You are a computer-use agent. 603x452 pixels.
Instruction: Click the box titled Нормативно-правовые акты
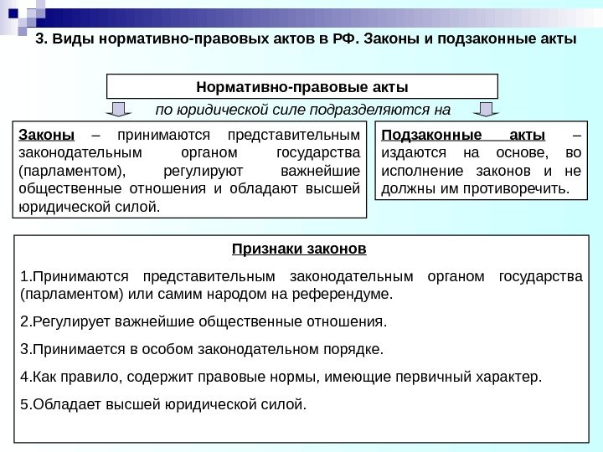coord(301,85)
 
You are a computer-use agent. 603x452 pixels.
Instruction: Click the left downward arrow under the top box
coord(120,109)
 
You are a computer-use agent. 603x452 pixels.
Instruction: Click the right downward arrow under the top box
coord(486,109)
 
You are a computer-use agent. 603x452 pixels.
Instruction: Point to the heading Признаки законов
coord(300,249)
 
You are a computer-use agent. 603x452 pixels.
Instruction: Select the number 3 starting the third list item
coord(22,348)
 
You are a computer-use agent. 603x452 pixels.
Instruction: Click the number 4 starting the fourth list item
coord(22,377)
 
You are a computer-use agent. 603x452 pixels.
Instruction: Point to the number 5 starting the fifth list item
coord(22,406)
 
